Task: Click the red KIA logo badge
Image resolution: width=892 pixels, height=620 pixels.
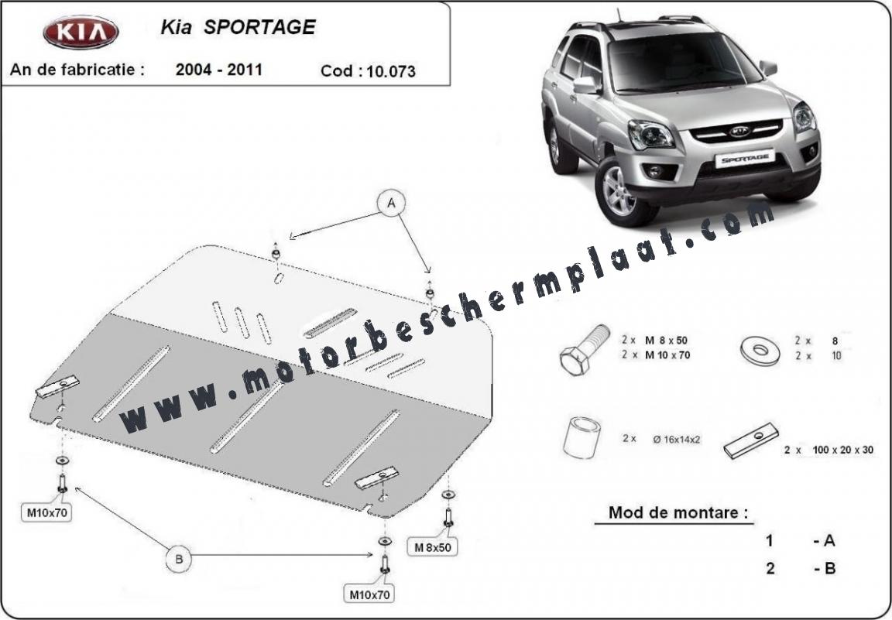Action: pos(81,32)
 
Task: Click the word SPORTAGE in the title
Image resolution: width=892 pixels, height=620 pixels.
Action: pos(259,27)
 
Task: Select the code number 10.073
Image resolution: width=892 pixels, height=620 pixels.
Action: pos(391,71)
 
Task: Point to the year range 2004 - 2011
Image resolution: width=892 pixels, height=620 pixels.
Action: pos(219,70)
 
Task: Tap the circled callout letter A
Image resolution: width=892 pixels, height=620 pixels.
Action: pos(392,204)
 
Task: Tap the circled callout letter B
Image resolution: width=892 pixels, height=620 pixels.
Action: pos(179,559)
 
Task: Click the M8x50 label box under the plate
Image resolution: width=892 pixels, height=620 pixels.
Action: pos(432,548)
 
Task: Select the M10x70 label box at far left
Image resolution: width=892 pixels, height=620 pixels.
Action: pos(47,512)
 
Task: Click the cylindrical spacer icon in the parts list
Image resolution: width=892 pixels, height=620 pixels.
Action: pos(582,437)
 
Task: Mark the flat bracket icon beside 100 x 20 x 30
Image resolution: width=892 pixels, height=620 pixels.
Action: pos(751,441)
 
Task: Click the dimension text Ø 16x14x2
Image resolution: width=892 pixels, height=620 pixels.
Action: pos(677,439)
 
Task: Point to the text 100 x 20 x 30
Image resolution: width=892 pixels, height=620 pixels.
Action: pos(843,450)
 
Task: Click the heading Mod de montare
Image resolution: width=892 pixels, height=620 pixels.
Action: pos(678,512)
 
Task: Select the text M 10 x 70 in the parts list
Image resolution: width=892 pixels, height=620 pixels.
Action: pos(667,355)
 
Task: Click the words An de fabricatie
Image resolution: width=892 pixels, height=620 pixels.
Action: pos(77,70)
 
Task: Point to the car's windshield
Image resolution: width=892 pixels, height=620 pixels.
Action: pos(683,63)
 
